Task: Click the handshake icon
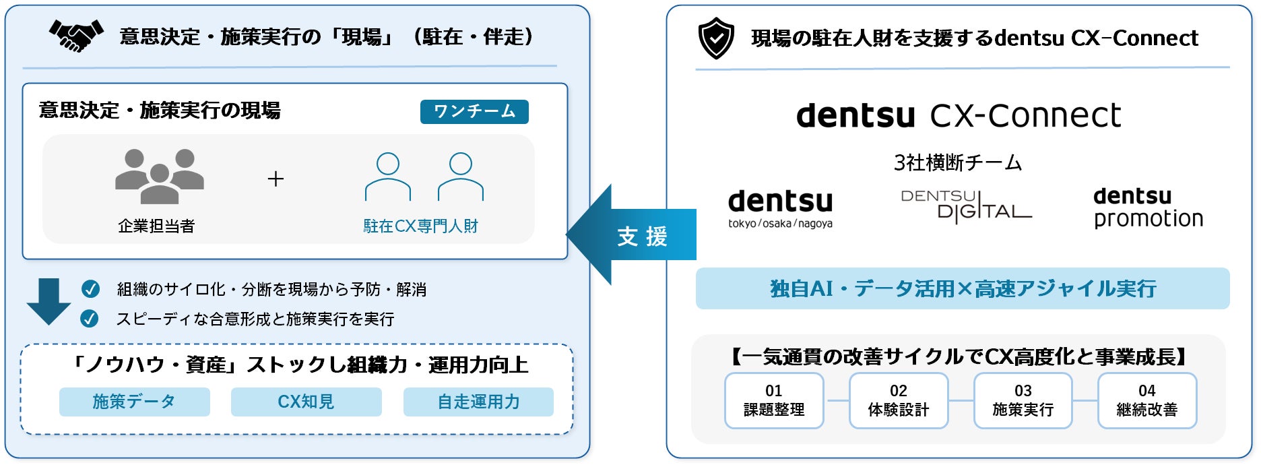(76, 36)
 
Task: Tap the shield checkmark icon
(715, 38)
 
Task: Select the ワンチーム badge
(474, 111)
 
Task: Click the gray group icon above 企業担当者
(160, 176)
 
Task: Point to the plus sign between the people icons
(276, 179)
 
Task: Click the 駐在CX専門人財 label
(420, 226)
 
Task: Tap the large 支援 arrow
(631, 235)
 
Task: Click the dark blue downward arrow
(48, 301)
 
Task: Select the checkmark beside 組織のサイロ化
(90, 289)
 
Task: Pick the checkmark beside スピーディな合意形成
(89, 319)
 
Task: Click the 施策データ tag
(135, 402)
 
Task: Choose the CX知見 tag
(306, 402)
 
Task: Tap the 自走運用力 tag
(478, 402)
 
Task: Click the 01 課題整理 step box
(774, 400)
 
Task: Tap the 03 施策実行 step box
(1023, 400)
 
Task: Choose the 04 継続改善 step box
(1147, 400)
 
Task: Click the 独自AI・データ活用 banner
(963, 288)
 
